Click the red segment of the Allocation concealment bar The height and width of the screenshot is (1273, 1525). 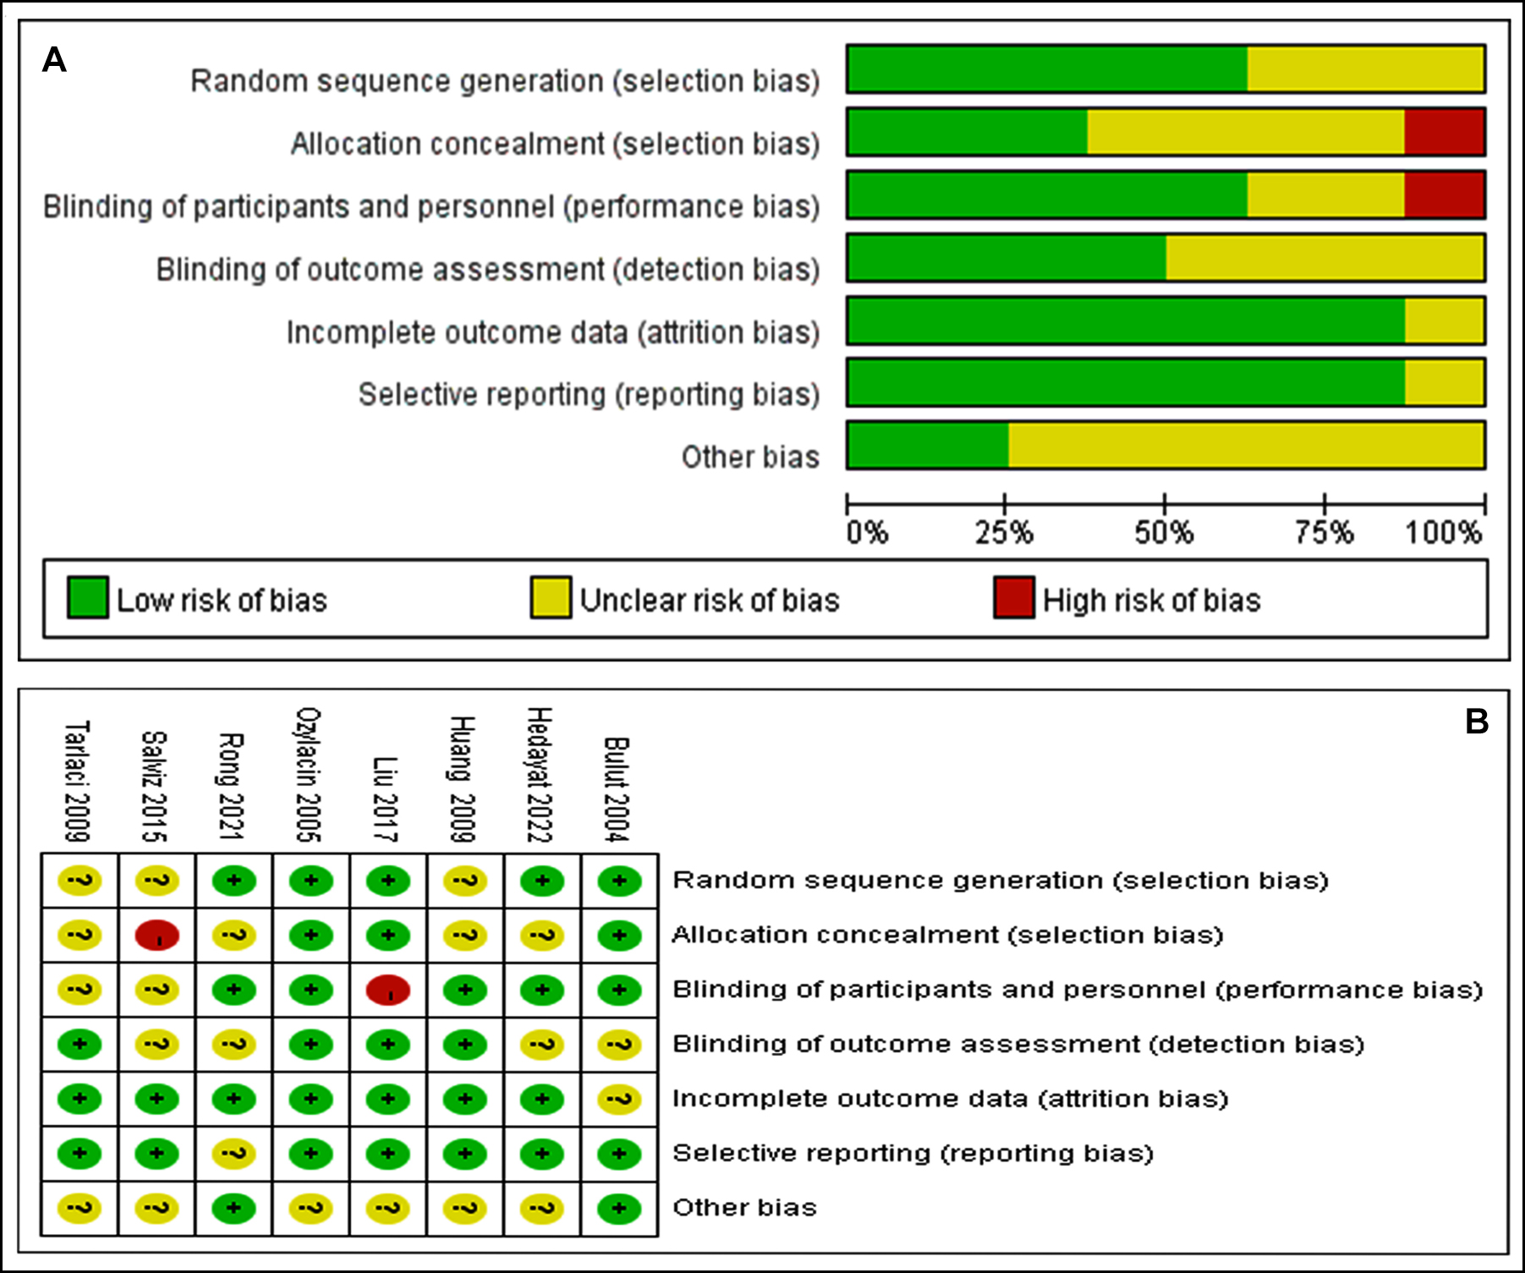(1444, 132)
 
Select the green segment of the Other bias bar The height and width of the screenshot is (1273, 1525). (927, 445)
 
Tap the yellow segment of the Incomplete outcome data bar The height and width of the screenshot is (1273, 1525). (1444, 321)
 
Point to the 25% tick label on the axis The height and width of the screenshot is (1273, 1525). (1004, 533)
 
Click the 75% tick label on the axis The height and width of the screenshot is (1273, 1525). (1324, 533)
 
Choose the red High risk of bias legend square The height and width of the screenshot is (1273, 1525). (1013, 598)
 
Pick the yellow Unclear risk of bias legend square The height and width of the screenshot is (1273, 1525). (550, 598)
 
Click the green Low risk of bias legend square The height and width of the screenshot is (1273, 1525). (87, 598)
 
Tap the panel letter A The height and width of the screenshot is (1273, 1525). (54, 61)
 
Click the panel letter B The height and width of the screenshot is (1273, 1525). (1476, 722)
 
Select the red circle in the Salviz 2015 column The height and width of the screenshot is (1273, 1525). (156, 936)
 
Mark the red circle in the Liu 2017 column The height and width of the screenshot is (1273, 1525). (388, 990)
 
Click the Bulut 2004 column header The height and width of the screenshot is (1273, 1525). (617, 789)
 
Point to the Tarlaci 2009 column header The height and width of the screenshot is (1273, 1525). (78, 782)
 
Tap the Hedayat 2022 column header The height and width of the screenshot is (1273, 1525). (540, 775)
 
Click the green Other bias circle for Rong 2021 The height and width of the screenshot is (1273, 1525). (233, 1208)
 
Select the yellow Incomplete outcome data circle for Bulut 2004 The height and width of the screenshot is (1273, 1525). (619, 1099)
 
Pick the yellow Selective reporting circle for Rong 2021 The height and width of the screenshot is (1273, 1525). (233, 1154)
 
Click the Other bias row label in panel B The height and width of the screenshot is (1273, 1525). (744, 1207)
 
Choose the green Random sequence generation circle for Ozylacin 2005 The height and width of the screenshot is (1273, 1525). (310, 881)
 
